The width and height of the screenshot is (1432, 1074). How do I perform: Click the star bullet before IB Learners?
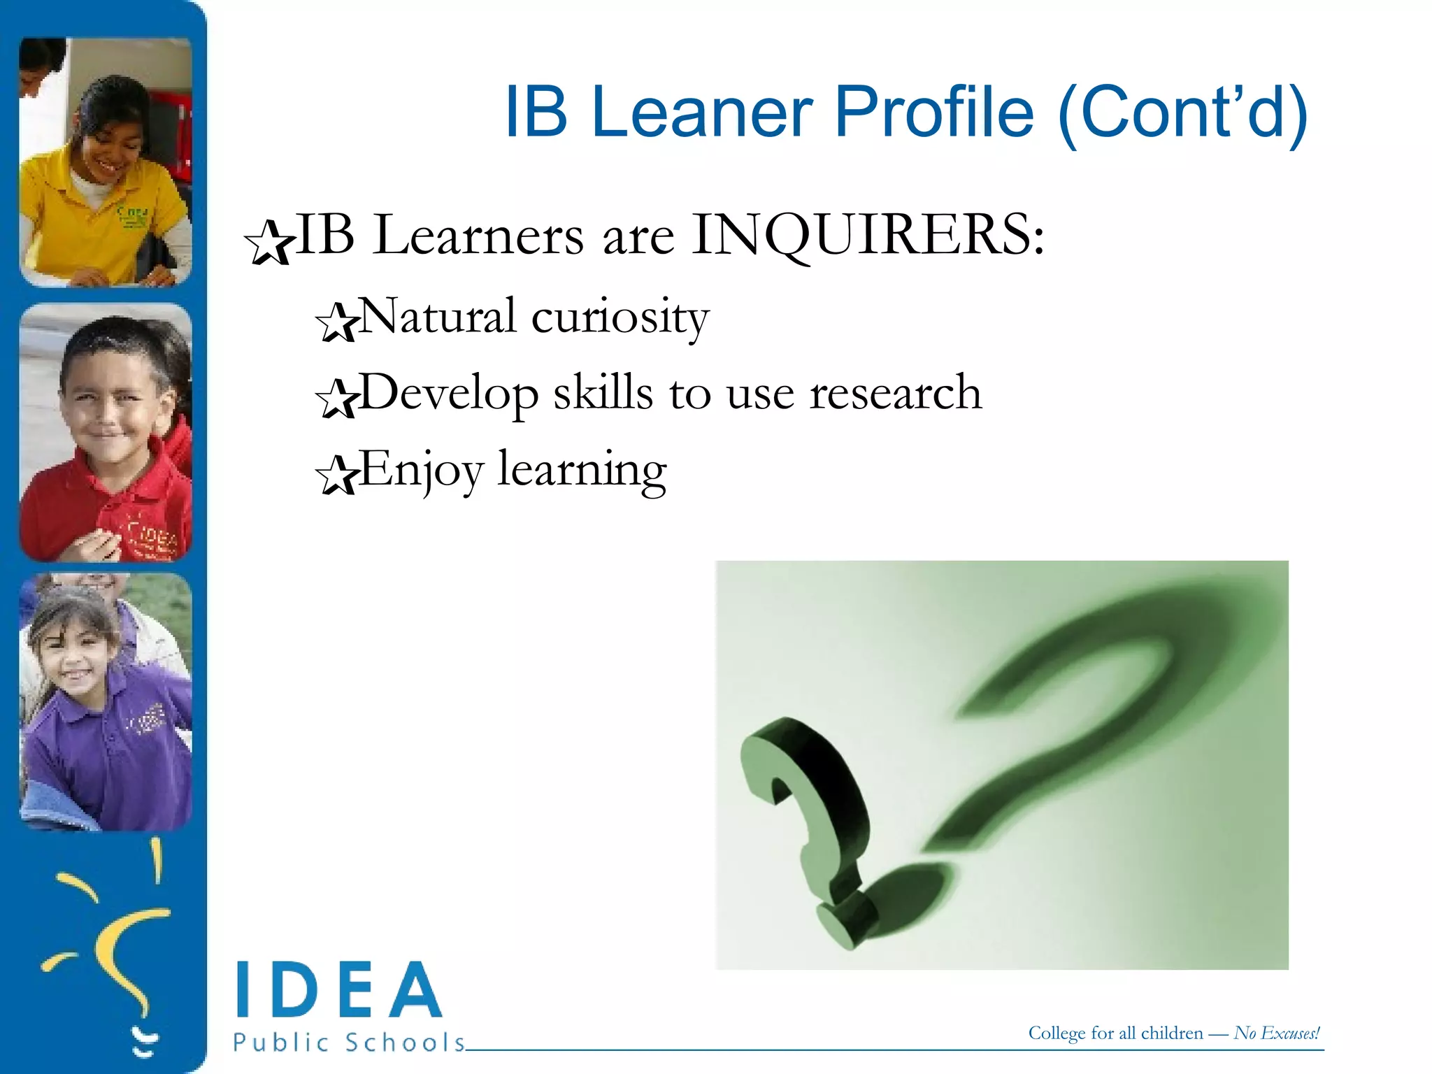(x=268, y=243)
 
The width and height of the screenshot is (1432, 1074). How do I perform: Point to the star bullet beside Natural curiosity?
(x=336, y=322)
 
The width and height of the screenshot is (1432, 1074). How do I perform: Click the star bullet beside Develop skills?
(x=336, y=399)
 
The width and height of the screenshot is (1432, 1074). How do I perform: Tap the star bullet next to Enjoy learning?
(x=336, y=475)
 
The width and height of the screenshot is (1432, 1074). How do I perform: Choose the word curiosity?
(x=620, y=318)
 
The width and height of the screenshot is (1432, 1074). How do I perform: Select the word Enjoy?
(x=421, y=470)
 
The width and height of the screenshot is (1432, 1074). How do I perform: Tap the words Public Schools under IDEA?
(x=348, y=1043)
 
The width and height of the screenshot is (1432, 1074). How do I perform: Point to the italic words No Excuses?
(x=1277, y=1033)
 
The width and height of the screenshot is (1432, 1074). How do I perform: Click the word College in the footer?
(x=1057, y=1033)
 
